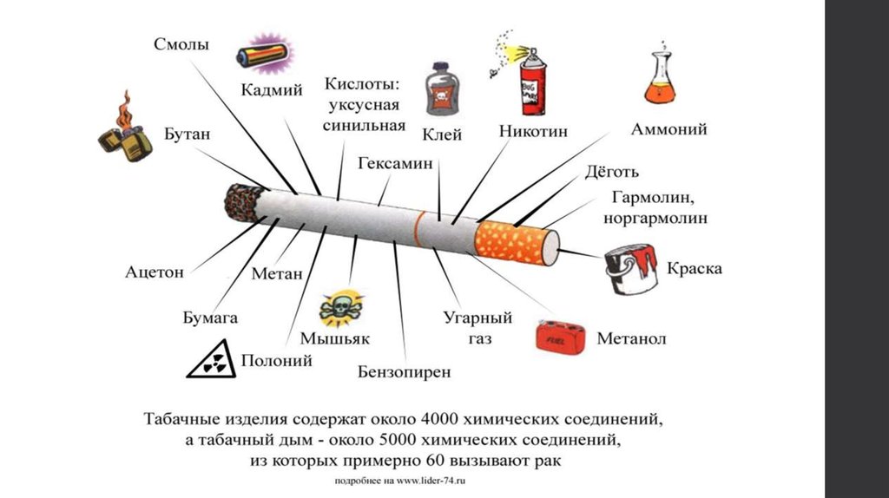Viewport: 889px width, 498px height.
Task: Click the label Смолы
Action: coord(181,44)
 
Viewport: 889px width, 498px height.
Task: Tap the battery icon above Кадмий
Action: coord(265,55)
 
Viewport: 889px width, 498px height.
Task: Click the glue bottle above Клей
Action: coord(442,89)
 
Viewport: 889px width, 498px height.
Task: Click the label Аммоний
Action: coord(669,129)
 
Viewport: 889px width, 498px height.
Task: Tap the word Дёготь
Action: coord(612,171)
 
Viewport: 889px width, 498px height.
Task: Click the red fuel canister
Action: coord(561,337)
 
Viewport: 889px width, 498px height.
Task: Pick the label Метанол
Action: coord(632,339)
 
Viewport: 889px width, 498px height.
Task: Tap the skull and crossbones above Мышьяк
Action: coord(340,309)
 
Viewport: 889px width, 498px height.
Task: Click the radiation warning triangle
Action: coord(212,359)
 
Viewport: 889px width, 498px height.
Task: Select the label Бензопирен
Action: coord(405,372)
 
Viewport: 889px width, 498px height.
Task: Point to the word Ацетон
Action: coord(155,272)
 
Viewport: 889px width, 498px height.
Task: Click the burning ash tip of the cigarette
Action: coord(243,202)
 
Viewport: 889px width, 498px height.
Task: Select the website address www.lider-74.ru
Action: coord(431,481)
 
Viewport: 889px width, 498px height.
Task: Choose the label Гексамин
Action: coord(395,163)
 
